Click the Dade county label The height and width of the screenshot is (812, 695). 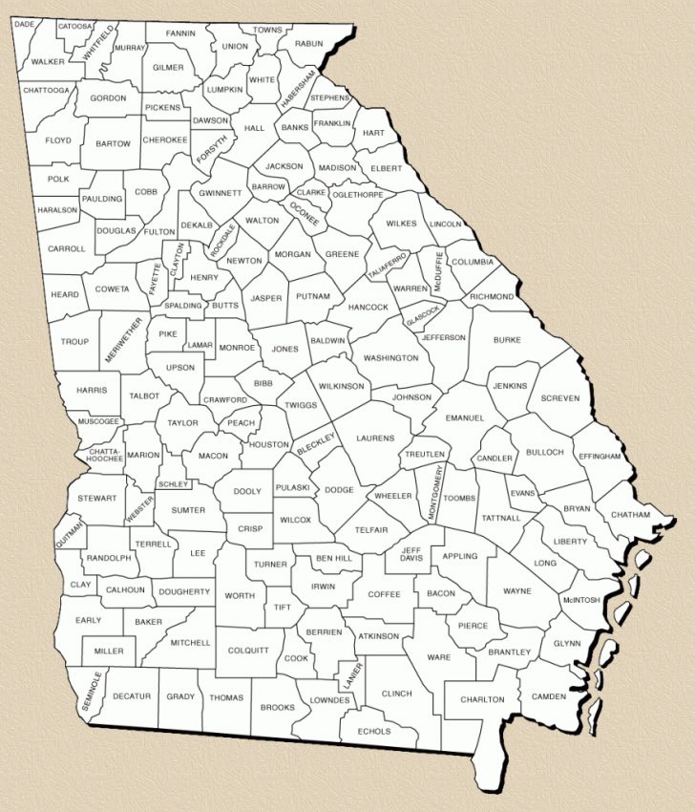pos(25,23)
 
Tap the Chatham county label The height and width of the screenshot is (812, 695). pos(630,515)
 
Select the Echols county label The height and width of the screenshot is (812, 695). pos(374,731)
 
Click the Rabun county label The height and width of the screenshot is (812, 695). pos(309,43)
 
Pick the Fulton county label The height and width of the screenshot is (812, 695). pos(159,231)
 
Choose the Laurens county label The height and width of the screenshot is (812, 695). pos(375,438)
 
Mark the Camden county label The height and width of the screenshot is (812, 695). pos(549,695)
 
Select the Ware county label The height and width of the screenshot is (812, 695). pos(438,657)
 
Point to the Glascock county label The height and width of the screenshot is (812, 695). pos(421,313)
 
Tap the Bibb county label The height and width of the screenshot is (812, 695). pos(263,383)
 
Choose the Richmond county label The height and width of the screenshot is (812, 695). pos(492,297)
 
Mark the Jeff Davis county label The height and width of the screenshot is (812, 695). pos(411,555)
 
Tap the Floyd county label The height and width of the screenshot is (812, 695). pos(58,140)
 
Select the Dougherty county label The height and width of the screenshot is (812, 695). pos(183,591)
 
